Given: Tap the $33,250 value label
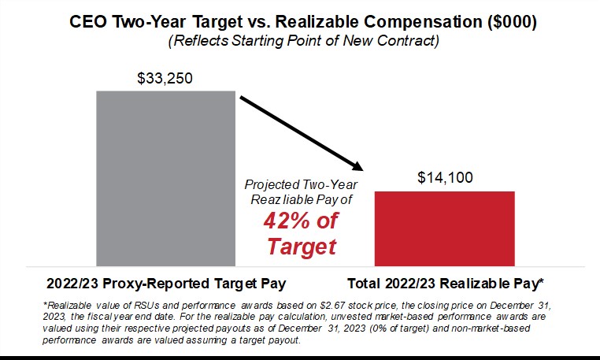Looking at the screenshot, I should click(x=165, y=79).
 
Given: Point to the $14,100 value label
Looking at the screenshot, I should click(x=445, y=178).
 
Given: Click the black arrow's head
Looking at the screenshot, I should click(x=361, y=167).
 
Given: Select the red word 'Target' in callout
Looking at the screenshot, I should click(x=301, y=247).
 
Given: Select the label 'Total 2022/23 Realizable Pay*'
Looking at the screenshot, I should click(x=446, y=283).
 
